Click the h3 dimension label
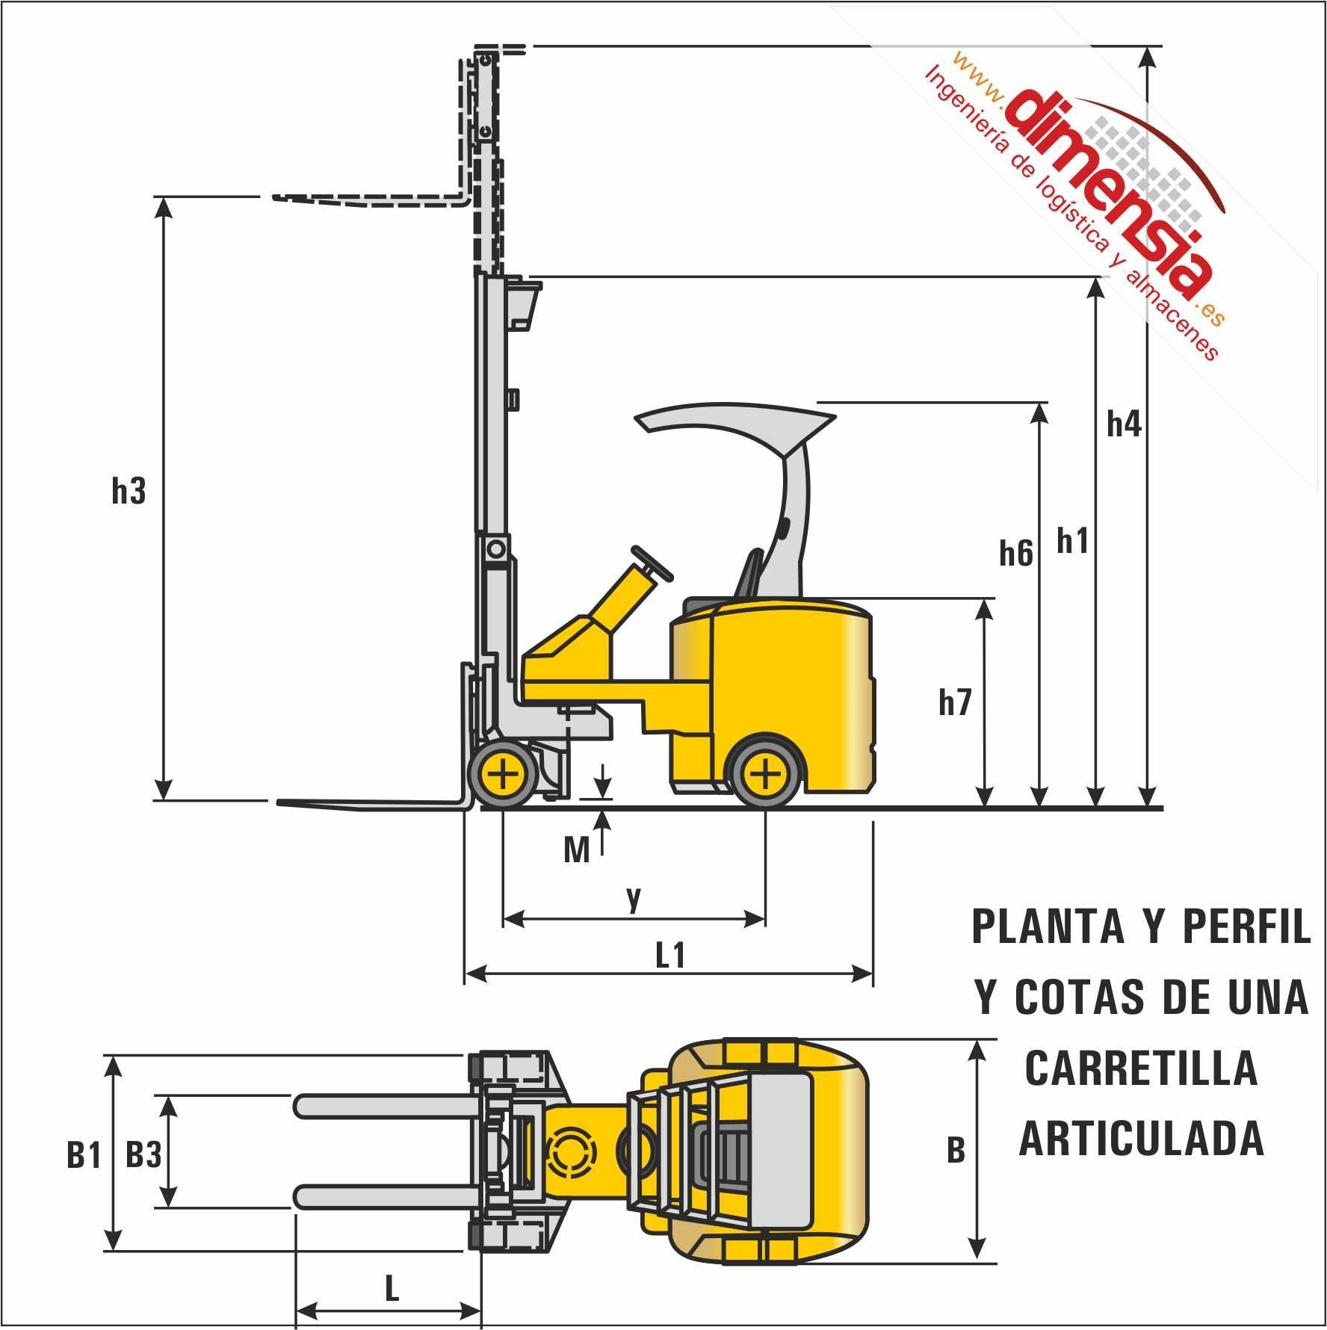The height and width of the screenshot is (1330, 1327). pyautogui.click(x=129, y=491)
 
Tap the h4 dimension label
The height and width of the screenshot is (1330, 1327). pyautogui.click(x=1124, y=424)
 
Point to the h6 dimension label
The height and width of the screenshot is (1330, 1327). pyautogui.click(x=1016, y=554)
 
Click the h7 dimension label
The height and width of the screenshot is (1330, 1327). pyautogui.click(x=954, y=703)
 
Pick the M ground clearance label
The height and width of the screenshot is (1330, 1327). pyautogui.click(x=577, y=850)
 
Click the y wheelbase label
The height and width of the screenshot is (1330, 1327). pyautogui.click(x=634, y=899)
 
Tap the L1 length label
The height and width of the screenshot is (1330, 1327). pyautogui.click(x=670, y=956)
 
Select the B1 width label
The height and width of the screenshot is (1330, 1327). pyautogui.click(x=84, y=1156)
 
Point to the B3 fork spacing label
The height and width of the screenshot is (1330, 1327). pyautogui.click(x=143, y=1156)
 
